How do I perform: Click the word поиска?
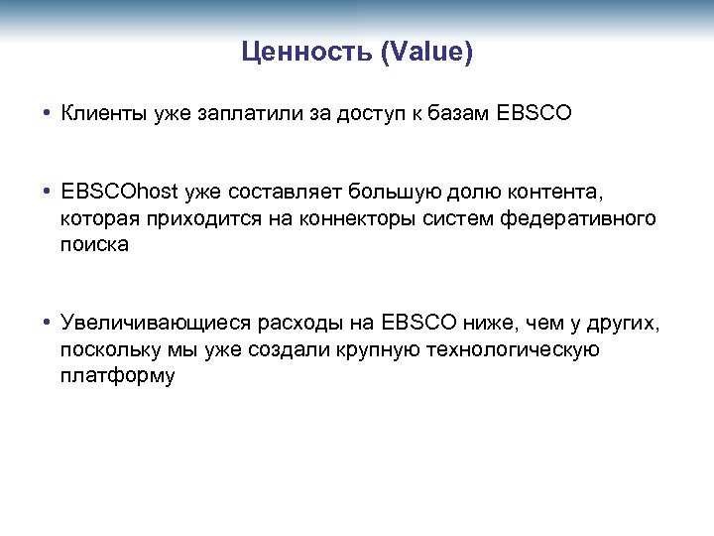(x=94, y=244)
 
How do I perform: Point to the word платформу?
(x=117, y=376)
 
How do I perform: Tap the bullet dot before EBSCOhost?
(x=47, y=191)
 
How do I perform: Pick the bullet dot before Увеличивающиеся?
(x=47, y=323)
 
